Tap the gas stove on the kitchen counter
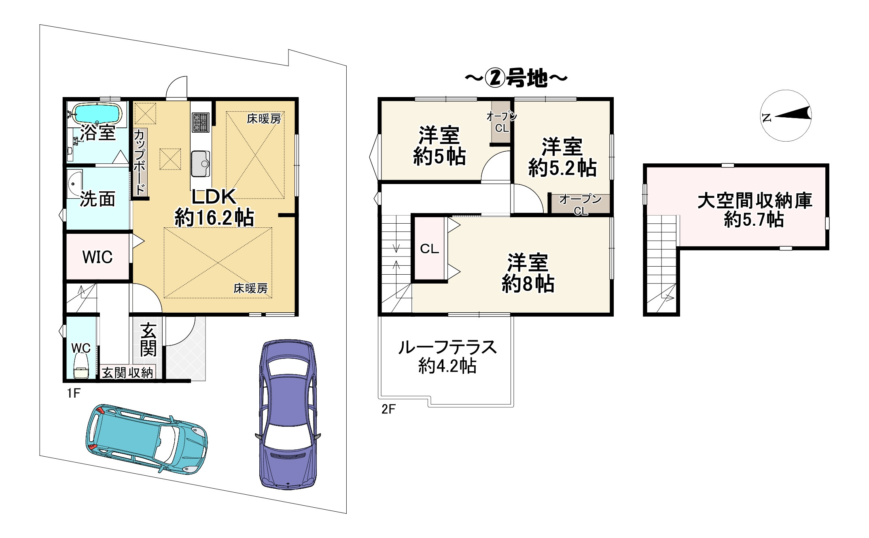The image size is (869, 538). (200, 122)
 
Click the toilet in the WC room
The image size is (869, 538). (81, 366)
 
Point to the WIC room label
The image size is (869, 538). (97, 257)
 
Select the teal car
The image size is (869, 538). (146, 438)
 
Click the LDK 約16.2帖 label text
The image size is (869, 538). (214, 207)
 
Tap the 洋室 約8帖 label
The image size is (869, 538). (528, 273)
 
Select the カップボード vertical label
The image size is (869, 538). (140, 162)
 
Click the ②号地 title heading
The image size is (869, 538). (516, 78)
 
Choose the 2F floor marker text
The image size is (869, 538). (388, 409)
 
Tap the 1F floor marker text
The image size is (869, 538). (74, 393)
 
